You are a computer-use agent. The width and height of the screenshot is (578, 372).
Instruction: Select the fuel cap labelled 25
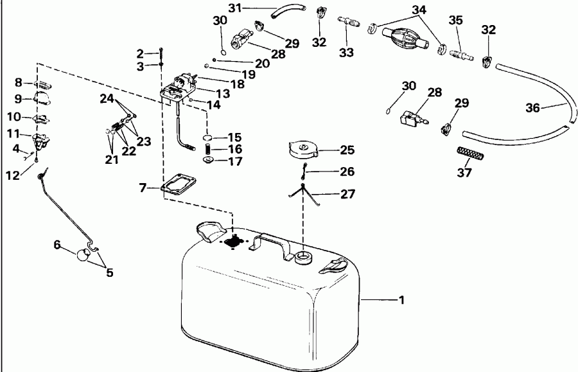point(302,150)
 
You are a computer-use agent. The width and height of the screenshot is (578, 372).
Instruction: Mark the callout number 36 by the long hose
point(533,108)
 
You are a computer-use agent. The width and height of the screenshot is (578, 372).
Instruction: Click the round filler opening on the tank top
point(302,257)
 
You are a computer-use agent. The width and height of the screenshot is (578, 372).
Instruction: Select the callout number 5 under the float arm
point(109,273)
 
